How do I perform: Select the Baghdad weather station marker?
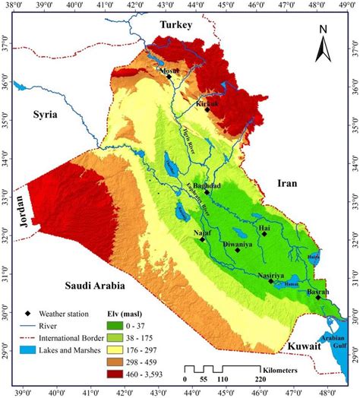(x=207, y=192)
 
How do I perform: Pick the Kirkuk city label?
(x=208, y=101)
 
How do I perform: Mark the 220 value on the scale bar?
(x=260, y=380)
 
